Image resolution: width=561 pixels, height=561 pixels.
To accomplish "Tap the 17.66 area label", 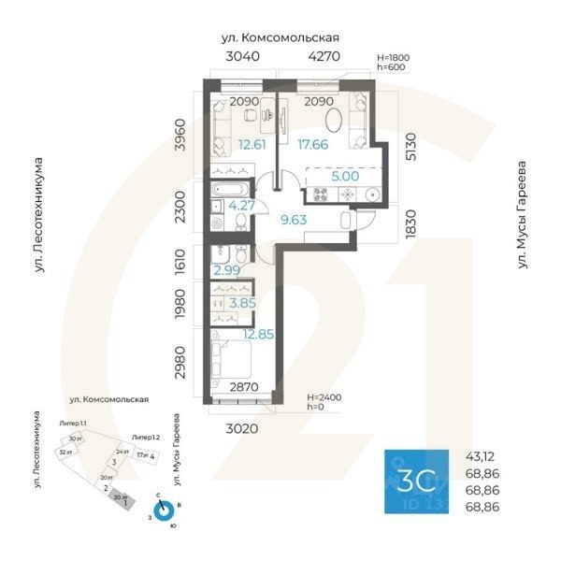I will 313,144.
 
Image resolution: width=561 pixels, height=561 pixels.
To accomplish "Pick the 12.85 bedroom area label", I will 257,335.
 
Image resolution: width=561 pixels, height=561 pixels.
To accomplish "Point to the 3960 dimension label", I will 193,136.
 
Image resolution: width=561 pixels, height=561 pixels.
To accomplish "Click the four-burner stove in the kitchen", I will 319,194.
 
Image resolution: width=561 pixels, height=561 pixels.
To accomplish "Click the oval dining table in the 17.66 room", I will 335,120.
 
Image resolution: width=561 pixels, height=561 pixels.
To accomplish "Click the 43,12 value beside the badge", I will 481,456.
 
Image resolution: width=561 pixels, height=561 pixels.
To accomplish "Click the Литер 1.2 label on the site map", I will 145,438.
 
